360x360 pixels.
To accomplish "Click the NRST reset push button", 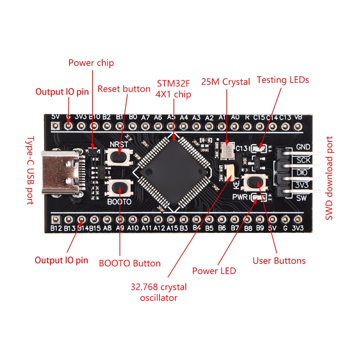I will tap(119, 157).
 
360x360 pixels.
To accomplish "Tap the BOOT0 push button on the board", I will tap(120, 188).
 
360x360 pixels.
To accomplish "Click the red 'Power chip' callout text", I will tap(91, 63).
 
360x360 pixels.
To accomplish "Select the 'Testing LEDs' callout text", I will tap(283, 80).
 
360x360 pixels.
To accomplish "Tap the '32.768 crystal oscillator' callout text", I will tap(159, 292).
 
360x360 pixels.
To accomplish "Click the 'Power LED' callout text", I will tap(214, 271).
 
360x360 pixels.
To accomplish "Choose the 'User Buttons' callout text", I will tap(279, 261).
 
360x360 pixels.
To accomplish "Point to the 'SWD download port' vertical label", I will tap(329, 178).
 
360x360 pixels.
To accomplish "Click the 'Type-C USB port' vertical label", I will tap(30, 170).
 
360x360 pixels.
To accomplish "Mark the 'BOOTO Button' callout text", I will tap(130, 263).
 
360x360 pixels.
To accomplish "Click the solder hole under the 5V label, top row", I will tap(55, 126).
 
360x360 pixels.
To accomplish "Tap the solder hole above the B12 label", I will tap(55, 219).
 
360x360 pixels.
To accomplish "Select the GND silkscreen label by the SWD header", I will tap(303, 147).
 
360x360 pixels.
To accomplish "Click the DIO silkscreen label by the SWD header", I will tap(302, 172).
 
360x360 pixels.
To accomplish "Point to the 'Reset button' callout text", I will tap(124, 89).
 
